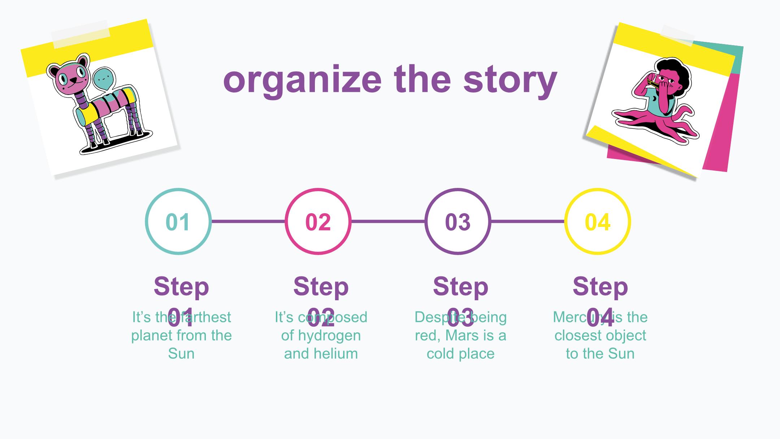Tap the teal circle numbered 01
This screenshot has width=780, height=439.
[x=178, y=221]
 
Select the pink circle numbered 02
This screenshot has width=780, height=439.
[x=318, y=221]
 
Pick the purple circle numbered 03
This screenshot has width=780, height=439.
[x=458, y=221]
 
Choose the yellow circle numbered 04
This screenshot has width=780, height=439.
[x=597, y=221]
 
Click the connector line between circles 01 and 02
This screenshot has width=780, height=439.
[x=248, y=221]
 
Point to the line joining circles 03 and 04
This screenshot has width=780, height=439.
[x=528, y=221]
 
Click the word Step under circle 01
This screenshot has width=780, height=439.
[x=181, y=287]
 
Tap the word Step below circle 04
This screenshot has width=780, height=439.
[x=600, y=287]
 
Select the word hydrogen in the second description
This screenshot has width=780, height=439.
[x=329, y=336]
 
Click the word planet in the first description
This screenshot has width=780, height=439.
[x=150, y=336]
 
